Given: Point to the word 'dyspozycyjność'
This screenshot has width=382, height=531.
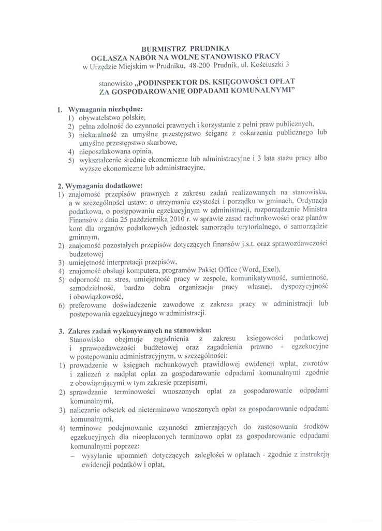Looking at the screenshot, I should [x=303, y=287].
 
